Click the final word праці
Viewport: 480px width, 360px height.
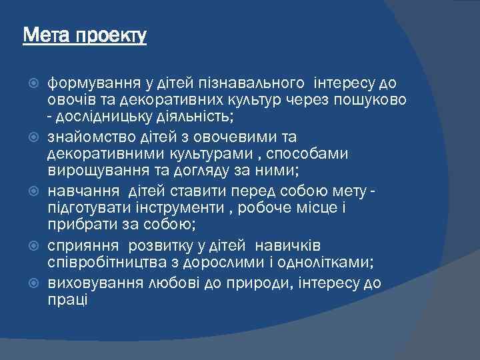[x=67, y=299]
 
